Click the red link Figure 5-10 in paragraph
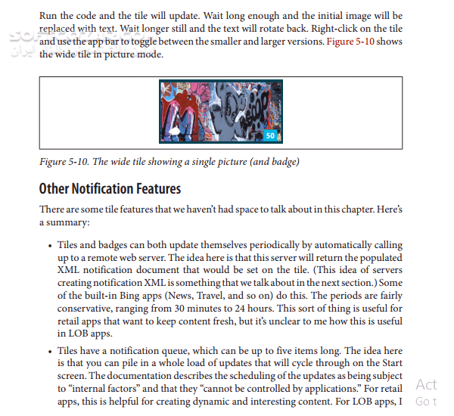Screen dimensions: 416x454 pos(352,42)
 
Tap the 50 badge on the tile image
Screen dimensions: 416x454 pos(270,135)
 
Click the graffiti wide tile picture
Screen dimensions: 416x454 pos(221,113)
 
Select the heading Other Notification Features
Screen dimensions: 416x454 pos(110,188)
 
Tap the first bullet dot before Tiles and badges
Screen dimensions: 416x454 pos(49,247)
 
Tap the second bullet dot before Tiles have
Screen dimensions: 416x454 pos(49,352)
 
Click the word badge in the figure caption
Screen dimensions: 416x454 pos(282,162)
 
